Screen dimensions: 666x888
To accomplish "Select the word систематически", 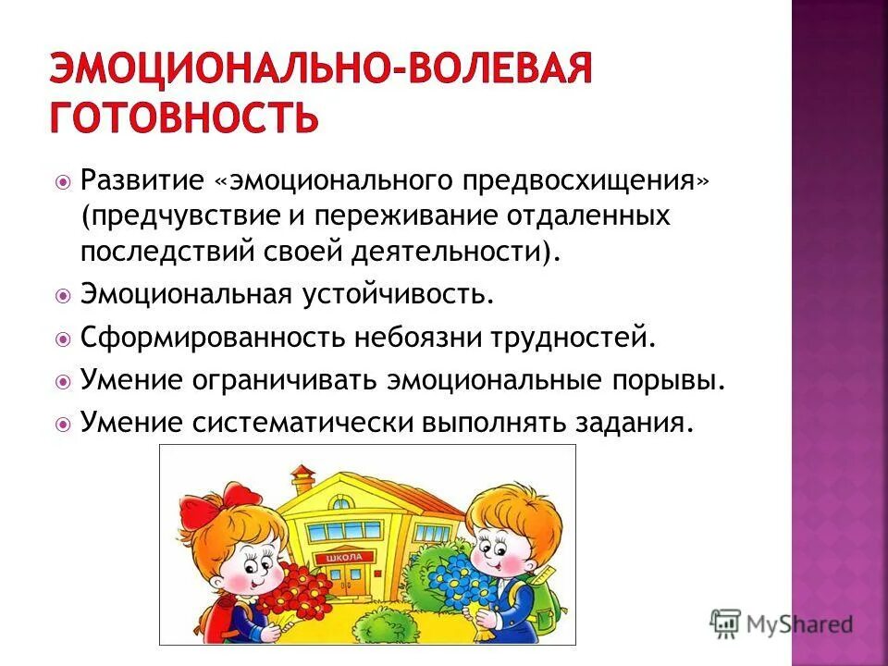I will (304, 423).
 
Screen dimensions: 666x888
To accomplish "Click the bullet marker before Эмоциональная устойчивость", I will (63, 296).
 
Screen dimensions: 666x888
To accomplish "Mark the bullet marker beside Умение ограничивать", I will (63, 381).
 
